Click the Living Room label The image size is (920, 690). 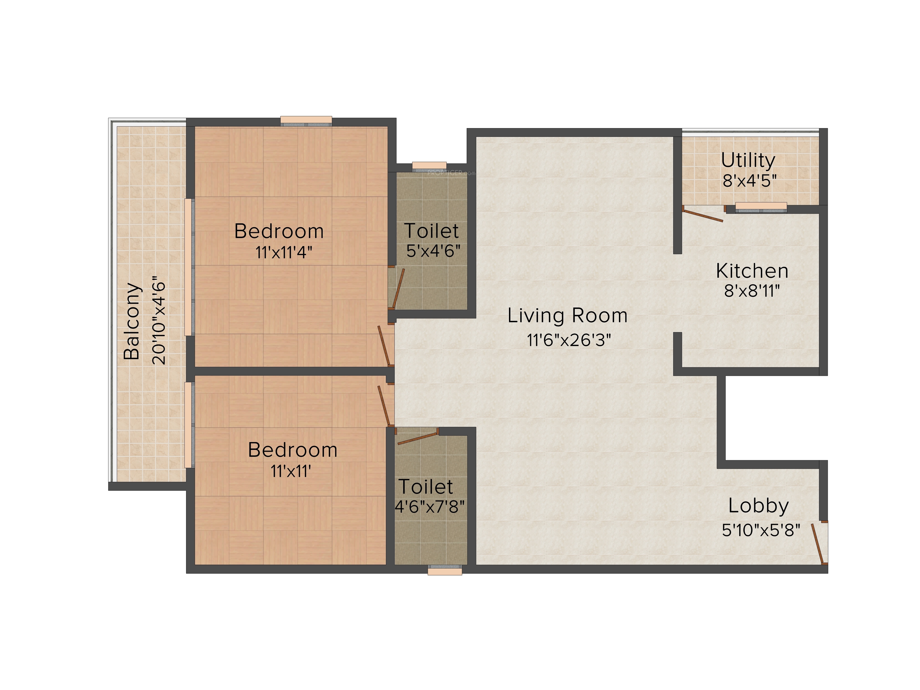pyautogui.click(x=567, y=316)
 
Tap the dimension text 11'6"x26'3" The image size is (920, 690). pyautogui.click(x=569, y=340)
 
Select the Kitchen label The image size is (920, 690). pyautogui.click(x=752, y=271)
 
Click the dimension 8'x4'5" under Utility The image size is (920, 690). pyautogui.click(x=750, y=181)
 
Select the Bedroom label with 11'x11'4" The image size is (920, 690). pyautogui.click(x=279, y=231)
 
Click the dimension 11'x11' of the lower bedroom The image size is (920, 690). pyautogui.click(x=291, y=471)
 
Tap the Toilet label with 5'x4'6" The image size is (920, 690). pyautogui.click(x=432, y=231)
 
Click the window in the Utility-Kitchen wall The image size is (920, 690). pyautogui.click(x=761, y=207)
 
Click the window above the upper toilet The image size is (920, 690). pyautogui.click(x=429, y=166)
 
